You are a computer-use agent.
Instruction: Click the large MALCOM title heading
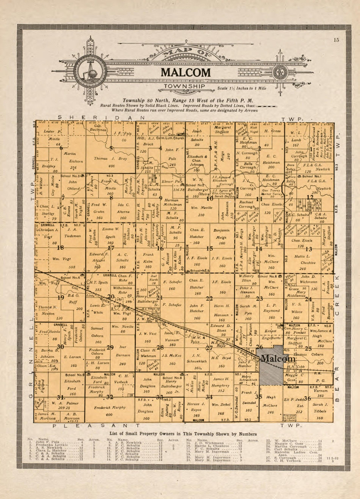tap(186, 72)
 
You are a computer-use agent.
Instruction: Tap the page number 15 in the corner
tap(336, 40)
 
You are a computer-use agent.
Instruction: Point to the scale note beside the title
tap(242, 88)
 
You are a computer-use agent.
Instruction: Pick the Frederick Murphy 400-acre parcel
tap(110, 411)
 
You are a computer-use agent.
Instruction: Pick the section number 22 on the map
tap(209, 298)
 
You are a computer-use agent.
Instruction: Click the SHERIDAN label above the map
tap(101, 117)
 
